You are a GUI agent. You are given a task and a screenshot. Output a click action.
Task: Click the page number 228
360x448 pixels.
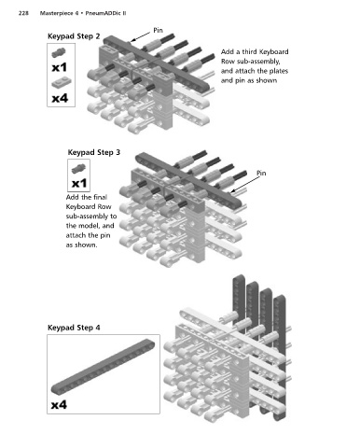(23, 13)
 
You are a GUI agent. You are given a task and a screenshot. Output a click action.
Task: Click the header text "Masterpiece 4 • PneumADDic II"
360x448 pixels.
(83, 13)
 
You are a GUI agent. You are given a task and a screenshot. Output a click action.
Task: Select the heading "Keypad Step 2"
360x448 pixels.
(74, 36)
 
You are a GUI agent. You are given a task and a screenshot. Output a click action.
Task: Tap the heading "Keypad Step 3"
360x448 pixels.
(94, 152)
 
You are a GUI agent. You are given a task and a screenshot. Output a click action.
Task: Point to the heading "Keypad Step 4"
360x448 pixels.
(74, 328)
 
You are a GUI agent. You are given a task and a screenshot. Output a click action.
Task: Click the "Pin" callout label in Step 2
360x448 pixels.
(158, 30)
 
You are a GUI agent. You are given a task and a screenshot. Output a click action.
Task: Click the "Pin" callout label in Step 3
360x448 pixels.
(261, 173)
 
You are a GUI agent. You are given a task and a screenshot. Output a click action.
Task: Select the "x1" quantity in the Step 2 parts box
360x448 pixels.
(60, 67)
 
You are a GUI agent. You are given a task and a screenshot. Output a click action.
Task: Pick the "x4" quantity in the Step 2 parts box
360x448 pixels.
(60, 98)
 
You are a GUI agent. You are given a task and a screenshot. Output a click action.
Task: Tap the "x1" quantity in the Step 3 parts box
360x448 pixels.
(79, 184)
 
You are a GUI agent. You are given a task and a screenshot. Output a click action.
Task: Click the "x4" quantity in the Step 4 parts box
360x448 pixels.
(59, 405)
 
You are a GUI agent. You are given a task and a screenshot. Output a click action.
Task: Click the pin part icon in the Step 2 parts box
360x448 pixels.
(59, 52)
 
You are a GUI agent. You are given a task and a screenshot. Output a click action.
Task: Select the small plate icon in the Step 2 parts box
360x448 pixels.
(62, 82)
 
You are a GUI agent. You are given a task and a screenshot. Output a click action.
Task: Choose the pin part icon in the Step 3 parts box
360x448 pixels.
(78, 169)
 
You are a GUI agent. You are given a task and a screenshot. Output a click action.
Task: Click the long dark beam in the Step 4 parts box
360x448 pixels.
(103, 367)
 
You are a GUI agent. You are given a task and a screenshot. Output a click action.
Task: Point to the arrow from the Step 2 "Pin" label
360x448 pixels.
(140, 36)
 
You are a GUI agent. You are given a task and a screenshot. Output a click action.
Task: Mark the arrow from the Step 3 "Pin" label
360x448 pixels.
(244, 185)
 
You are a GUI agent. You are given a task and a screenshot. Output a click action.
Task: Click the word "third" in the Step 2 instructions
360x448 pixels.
(249, 51)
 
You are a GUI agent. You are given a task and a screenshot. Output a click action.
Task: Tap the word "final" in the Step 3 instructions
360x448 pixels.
(100, 197)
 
